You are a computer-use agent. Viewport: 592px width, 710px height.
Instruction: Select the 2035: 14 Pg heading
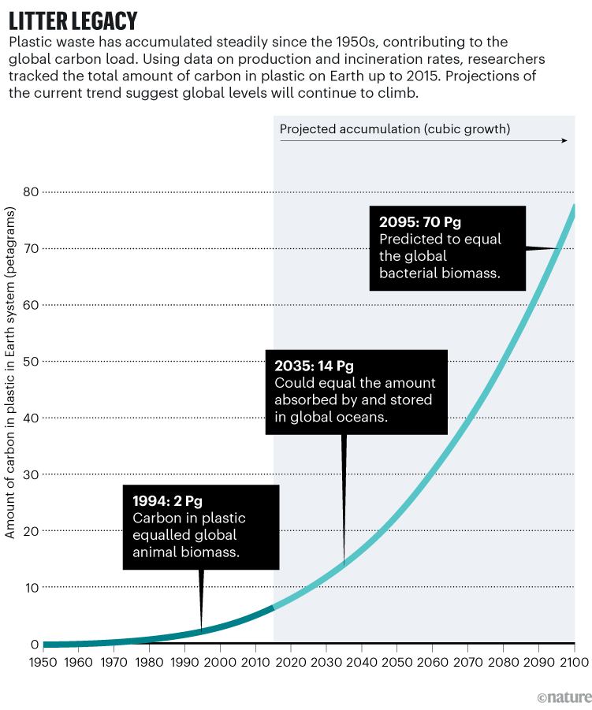(x=314, y=366)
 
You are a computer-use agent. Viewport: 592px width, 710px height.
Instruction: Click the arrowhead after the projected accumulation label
(x=564, y=140)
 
